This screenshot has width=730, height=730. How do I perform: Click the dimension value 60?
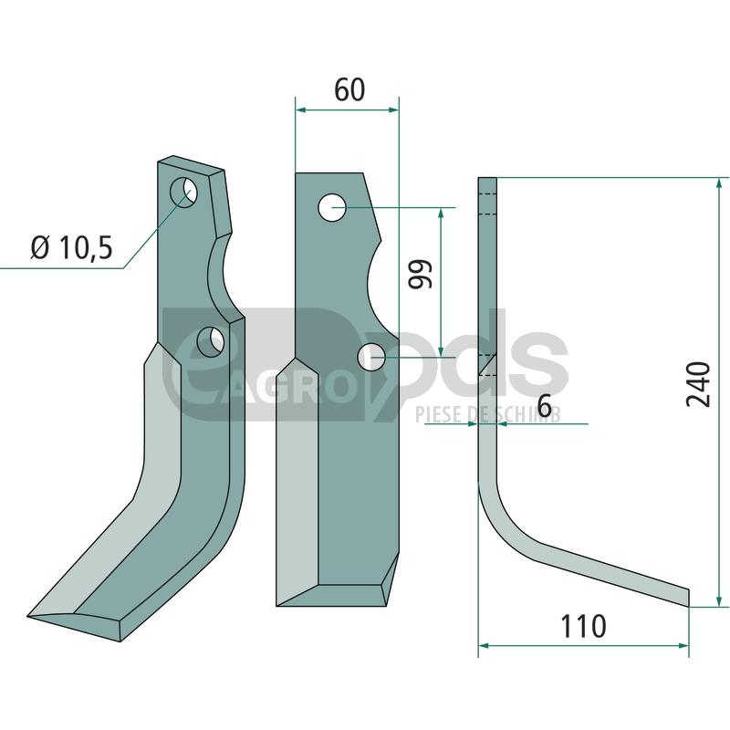coord(349,89)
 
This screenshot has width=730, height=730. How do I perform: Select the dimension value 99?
coord(421,274)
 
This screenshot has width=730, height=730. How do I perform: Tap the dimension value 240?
coord(698,384)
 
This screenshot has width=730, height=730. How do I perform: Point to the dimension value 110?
coord(583,627)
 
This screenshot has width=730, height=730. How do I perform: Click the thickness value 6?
coord(544,405)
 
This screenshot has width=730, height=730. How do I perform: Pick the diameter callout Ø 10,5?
coord(72,246)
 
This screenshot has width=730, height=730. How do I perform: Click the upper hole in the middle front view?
coord(332,208)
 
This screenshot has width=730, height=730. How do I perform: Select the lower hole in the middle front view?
coord(371,357)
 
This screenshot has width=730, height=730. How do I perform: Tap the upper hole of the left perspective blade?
coord(183,192)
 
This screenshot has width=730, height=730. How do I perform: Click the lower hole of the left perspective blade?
coord(212,342)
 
